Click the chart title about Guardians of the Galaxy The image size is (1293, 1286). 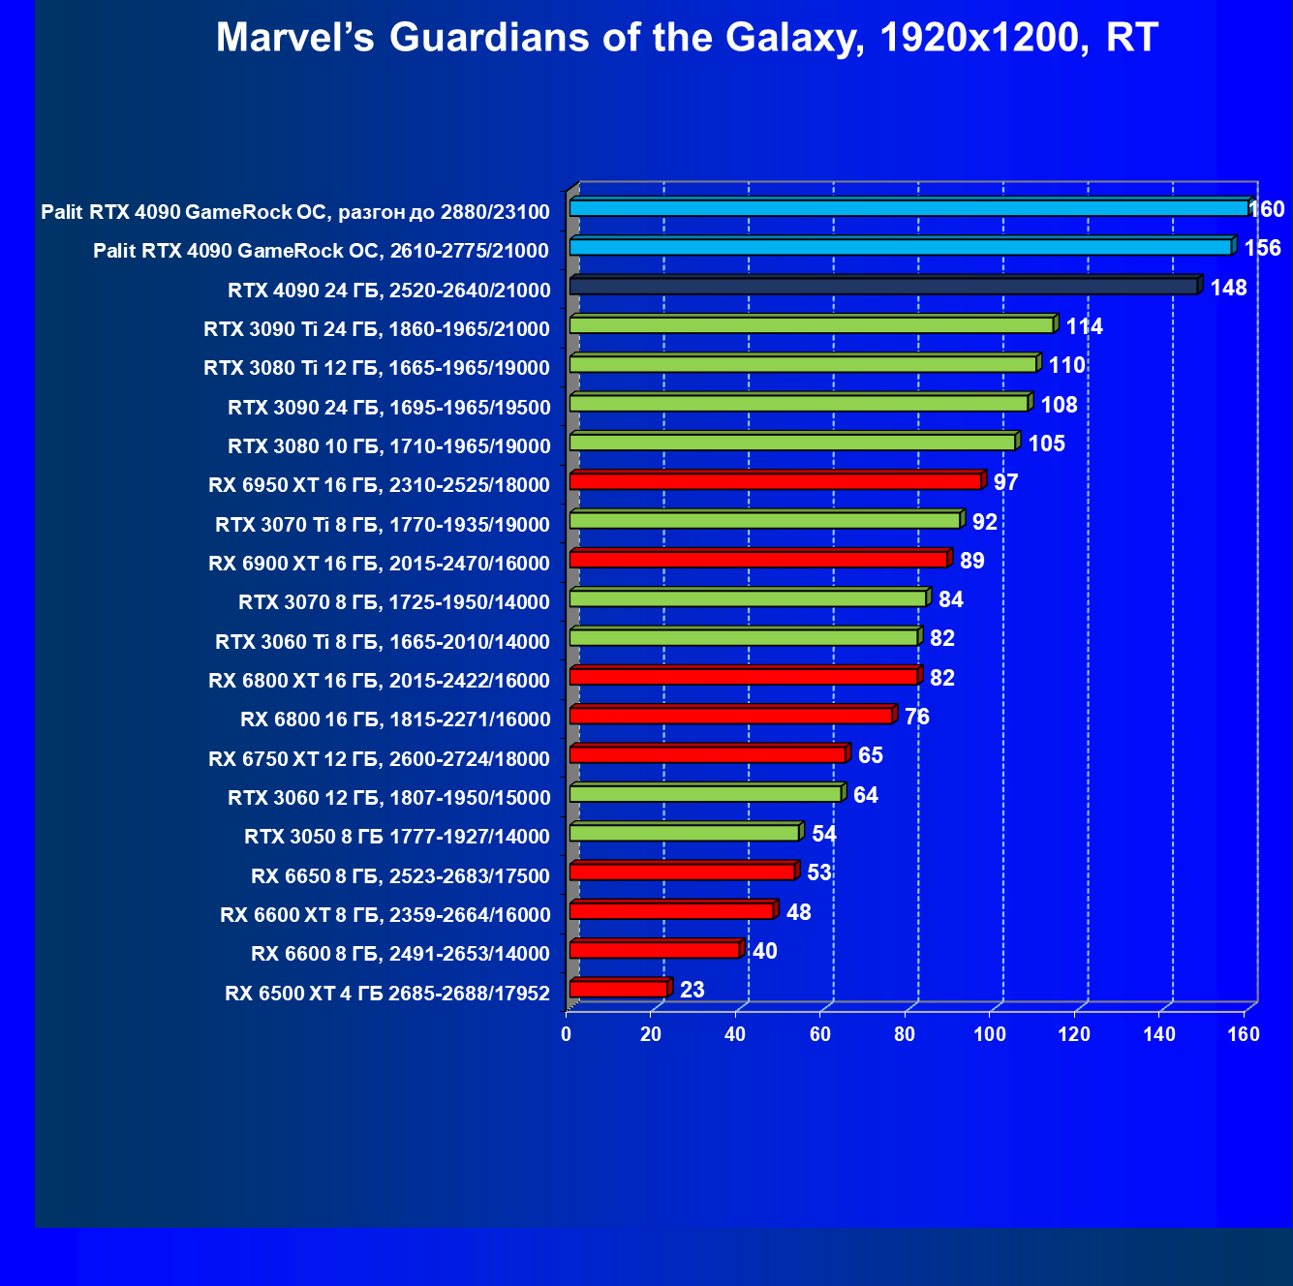coord(687,39)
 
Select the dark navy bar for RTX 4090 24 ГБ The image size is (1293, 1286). coord(884,287)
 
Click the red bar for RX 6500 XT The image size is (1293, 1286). coord(619,989)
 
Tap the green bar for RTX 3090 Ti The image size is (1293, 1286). coord(812,325)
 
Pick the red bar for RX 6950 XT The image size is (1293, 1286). coord(776,481)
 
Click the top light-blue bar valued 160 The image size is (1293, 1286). coord(908,208)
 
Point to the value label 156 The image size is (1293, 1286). coord(1262,248)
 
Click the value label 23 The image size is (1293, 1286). coord(692,990)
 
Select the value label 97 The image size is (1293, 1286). coord(1005,482)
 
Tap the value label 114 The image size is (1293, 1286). coord(1084,326)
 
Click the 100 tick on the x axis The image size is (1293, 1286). coord(990,1034)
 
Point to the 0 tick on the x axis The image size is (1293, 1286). coord(567,1034)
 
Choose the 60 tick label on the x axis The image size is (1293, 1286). coord(820,1034)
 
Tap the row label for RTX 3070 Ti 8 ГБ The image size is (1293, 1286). coord(383,525)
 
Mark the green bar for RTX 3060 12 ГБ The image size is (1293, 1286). coord(705,794)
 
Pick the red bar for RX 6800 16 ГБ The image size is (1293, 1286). coord(731,716)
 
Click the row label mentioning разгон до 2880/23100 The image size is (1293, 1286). coord(295,212)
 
